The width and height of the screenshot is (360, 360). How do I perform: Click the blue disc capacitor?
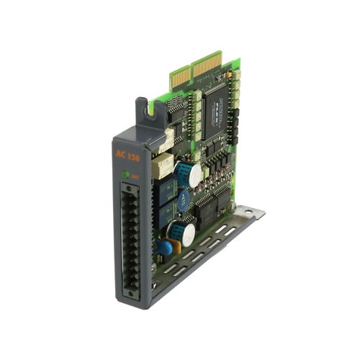pos(167,247)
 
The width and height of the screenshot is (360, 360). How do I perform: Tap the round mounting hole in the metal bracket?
pos(250,210)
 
